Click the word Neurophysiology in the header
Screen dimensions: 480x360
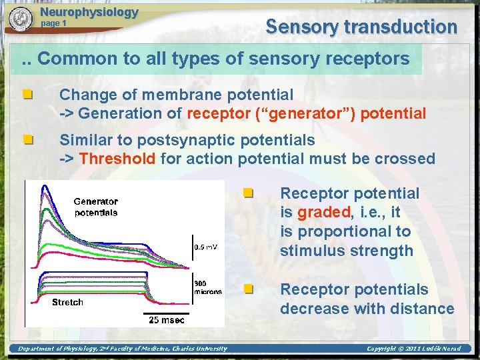point(89,12)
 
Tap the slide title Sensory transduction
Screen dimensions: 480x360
point(361,27)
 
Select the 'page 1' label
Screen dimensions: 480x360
point(54,23)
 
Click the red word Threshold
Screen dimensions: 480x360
point(117,159)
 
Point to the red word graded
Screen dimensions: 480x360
point(323,213)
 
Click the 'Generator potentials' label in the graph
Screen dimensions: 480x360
point(95,207)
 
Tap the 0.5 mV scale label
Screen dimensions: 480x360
point(205,247)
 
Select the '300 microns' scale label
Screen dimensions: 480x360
point(207,287)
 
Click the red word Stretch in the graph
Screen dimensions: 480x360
point(68,302)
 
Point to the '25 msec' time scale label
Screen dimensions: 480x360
point(167,321)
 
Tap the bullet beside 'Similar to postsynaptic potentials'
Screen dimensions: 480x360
point(27,141)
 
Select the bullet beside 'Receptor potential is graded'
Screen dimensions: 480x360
point(248,193)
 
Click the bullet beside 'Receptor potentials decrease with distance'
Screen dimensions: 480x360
point(248,289)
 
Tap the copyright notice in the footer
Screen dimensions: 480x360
point(413,348)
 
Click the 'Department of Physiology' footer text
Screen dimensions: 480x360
point(122,348)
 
